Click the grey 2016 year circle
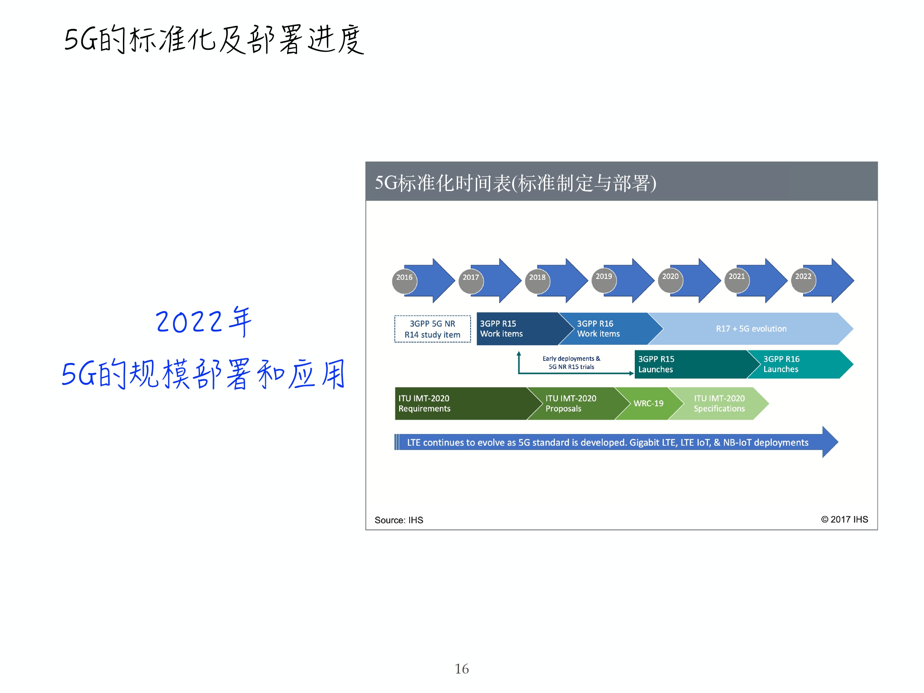[404, 281]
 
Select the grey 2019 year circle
[604, 280]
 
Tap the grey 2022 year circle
[803, 280]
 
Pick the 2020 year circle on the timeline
[670, 280]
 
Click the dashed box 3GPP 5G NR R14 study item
[433, 329]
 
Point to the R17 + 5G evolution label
[751, 329]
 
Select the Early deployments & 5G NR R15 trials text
[572, 363]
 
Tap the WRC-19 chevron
[649, 404]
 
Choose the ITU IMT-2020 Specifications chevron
[719, 404]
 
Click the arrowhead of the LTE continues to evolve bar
[830, 442]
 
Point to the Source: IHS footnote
[399, 520]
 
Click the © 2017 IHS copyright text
[844, 519]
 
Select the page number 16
[462, 669]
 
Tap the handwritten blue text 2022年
[204, 321]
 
